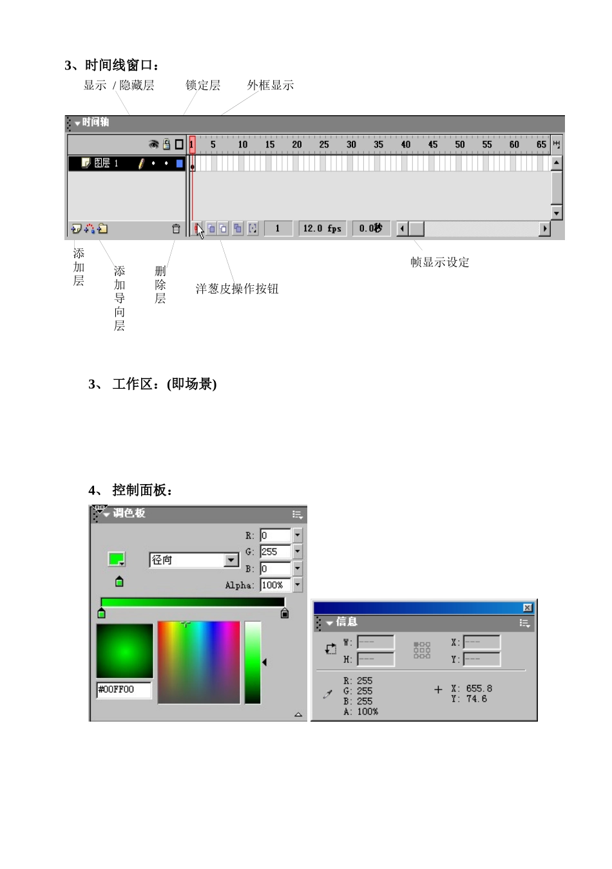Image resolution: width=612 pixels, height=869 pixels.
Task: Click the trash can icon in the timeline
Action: click(176, 229)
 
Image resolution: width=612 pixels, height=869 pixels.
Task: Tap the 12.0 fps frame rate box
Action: click(322, 229)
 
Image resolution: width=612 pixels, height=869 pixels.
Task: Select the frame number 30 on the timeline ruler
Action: click(351, 144)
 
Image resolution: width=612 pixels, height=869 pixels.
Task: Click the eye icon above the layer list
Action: click(153, 144)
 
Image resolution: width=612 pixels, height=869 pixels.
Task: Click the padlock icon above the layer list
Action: click(166, 144)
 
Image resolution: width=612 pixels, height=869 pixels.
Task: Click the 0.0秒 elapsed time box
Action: click(370, 229)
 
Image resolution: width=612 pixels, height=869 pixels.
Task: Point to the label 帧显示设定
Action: click(440, 262)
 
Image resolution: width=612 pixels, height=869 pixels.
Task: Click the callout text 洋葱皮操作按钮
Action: click(237, 288)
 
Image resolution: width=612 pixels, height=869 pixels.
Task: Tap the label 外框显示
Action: click(271, 85)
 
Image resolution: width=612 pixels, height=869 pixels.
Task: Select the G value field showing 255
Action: click(275, 552)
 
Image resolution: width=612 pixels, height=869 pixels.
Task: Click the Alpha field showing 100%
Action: click(275, 585)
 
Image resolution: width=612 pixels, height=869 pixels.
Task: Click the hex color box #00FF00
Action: click(124, 689)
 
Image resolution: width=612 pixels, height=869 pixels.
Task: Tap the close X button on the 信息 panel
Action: click(528, 608)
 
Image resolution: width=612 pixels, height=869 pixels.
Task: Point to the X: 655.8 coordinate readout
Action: click(472, 689)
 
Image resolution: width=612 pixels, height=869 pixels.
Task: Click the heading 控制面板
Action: click(142, 490)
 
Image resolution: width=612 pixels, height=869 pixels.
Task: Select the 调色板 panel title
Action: click(129, 513)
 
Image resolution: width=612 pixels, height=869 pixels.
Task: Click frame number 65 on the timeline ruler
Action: click(541, 144)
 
